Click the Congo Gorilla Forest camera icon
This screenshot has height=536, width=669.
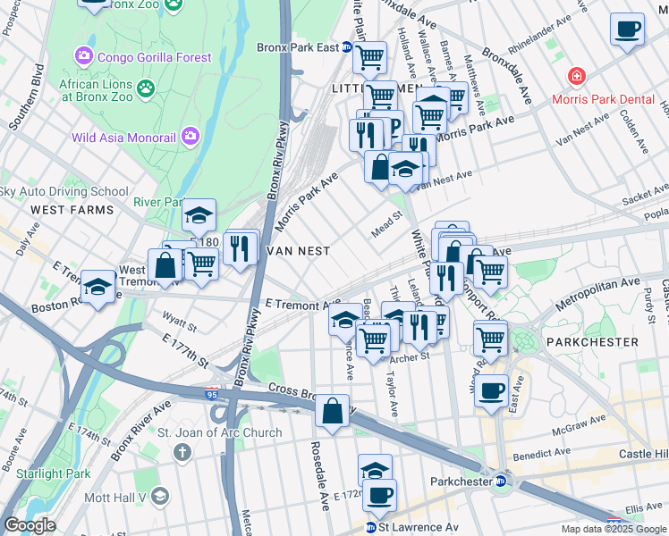tap(85, 57)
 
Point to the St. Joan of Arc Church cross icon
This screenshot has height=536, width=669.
tap(182, 452)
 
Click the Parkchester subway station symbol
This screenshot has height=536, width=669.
tap(502, 482)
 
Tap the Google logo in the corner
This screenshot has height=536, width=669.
tap(30, 525)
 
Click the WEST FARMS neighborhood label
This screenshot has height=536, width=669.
tap(72, 210)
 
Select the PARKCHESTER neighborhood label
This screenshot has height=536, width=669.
tap(596, 342)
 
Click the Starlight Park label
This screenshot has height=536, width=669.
tap(46, 473)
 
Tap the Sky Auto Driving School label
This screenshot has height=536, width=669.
tap(64, 191)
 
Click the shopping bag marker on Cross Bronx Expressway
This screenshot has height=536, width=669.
tap(332, 412)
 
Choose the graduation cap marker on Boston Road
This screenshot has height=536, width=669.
tap(97, 287)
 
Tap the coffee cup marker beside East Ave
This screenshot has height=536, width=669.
tap(490, 390)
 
